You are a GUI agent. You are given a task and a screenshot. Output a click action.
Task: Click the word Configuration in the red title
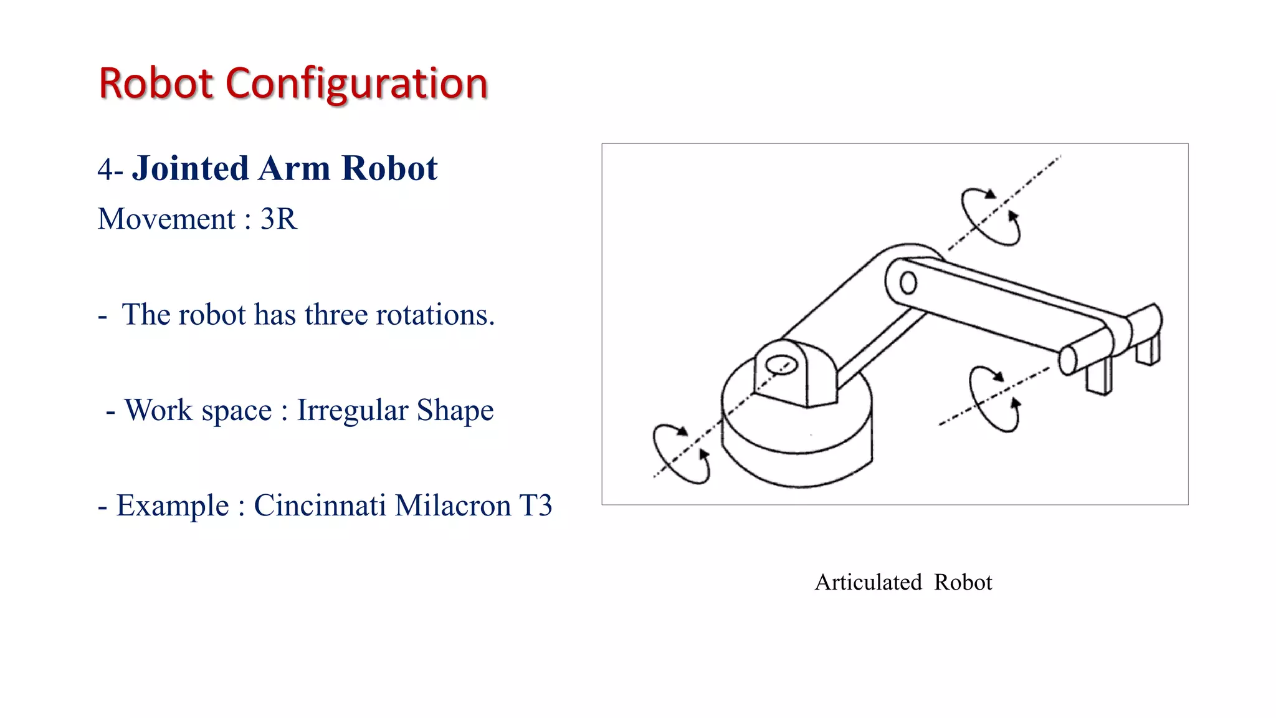click(x=356, y=84)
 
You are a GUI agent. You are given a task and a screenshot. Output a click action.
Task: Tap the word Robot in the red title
click(x=156, y=84)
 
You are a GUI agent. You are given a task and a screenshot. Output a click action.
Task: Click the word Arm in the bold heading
click(x=295, y=169)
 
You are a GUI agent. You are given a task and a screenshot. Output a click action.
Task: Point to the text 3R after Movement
click(x=279, y=219)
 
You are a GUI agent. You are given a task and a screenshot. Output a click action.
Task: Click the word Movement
click(x=166, y=219)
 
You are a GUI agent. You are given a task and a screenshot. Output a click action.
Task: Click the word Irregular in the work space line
click(x=351, y=410)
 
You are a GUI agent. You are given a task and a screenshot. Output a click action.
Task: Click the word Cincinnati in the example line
click(x=320, y=505)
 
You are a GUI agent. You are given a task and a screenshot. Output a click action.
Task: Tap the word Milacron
click(x=453, y=505)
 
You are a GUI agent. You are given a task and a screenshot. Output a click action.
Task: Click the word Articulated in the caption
click(x=868, y=582)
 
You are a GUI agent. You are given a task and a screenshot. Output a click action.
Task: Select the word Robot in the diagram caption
click(x=963, y=582)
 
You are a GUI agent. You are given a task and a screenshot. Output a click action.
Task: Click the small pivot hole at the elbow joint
click(x=908, y=284)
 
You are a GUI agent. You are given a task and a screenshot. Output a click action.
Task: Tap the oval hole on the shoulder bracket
click(x=781, y=365)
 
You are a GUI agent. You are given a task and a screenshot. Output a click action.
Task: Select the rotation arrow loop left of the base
click(x=681, y=454)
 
